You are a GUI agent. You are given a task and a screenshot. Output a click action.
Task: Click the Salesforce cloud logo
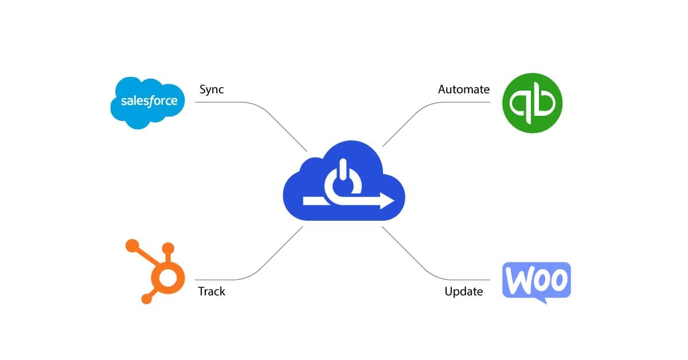[x=148, y=101]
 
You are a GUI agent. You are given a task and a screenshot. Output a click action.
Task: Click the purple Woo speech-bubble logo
[x=536, y=280]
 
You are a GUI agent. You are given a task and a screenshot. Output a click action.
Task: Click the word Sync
[x=212, y=89]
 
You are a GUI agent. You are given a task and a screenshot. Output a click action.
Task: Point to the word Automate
[x=464, y=89]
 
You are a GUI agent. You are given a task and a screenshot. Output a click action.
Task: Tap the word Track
[x=212, y=291]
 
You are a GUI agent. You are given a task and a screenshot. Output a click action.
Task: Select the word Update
[x=464, y=291]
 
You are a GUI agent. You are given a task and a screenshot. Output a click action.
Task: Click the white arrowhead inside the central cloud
[x=387, y=201]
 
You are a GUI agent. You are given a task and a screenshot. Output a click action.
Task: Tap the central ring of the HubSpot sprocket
[x=168, y=279]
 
